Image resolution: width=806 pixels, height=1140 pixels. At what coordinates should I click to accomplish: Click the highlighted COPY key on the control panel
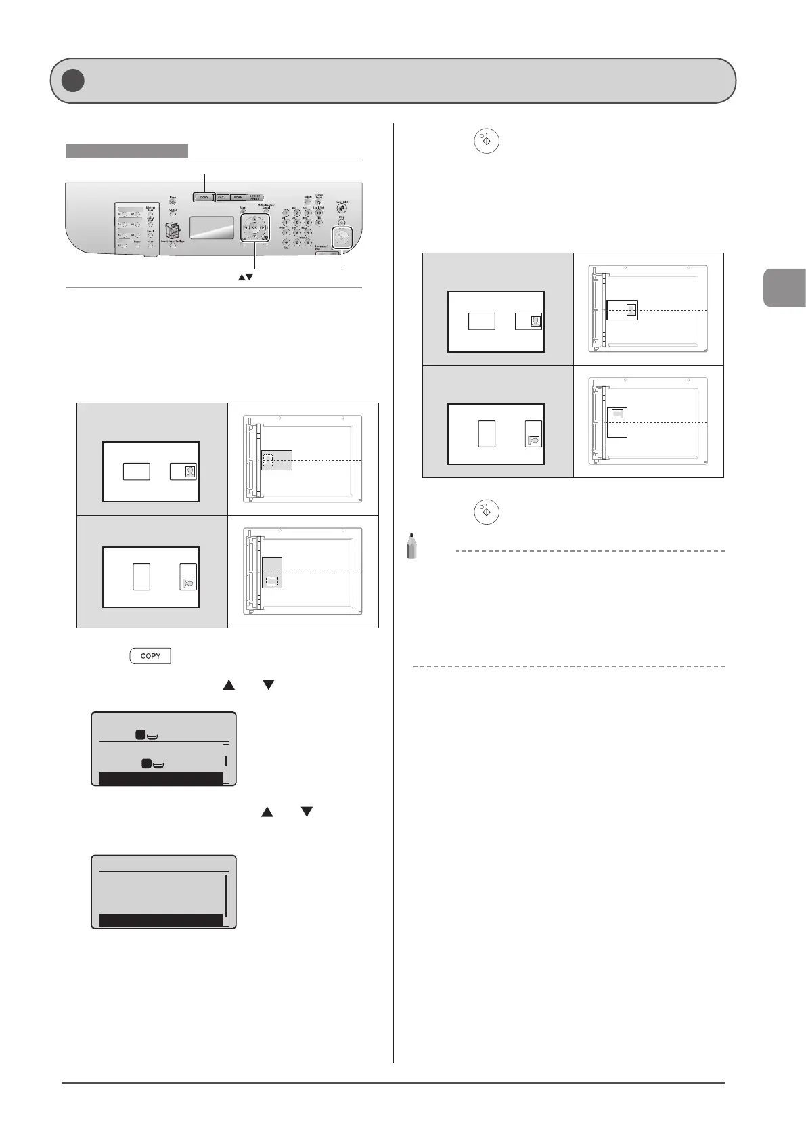point(204,198)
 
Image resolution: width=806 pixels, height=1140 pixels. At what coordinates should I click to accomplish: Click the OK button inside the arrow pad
point(254,228)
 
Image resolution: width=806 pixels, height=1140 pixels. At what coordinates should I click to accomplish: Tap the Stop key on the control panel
point(341,223)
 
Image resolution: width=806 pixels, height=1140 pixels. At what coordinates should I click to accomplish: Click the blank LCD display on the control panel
point(211,228)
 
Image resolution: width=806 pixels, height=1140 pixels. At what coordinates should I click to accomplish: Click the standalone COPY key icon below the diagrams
point(150,656)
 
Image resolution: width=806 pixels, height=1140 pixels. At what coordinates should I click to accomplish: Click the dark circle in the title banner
point(72,81)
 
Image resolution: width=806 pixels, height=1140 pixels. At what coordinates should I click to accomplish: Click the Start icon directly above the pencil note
point(487,512)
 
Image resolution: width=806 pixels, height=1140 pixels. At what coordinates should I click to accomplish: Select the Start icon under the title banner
point(487,141)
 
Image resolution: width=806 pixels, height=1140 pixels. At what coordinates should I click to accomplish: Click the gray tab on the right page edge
point(784,287)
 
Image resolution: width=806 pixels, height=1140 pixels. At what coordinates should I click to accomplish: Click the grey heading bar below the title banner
point(127,151)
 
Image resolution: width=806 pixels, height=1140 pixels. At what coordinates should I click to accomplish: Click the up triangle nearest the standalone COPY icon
point(229,685)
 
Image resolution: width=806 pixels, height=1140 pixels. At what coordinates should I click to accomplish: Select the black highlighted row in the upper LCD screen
point(161,778)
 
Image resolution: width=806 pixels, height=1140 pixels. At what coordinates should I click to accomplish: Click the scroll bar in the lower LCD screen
point(226,895)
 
